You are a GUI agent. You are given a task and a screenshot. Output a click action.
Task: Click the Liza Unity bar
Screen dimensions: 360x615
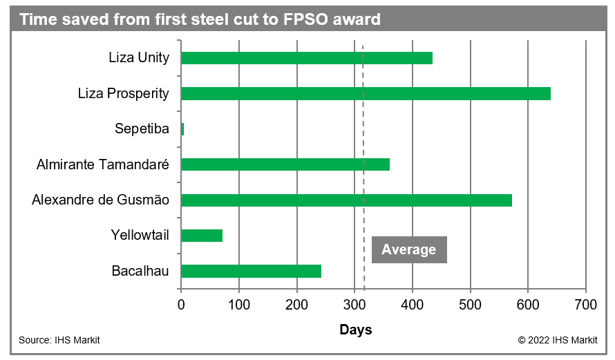[x=307, y=58]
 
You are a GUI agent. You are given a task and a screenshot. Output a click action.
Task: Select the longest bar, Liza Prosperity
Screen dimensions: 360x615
[x=366, y=93]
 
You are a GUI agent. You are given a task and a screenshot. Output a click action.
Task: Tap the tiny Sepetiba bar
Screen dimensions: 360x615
[x=182, y=129]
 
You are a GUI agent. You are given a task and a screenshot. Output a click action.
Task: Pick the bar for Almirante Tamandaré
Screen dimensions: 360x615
[x=285, y=164]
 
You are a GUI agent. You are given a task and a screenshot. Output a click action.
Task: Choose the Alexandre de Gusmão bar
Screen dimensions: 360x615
[x=346, y=200]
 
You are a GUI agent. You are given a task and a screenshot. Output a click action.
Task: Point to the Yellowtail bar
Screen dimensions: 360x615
[x=202, y=236]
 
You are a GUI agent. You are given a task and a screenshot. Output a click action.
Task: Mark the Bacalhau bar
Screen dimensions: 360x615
[x=251, y=271]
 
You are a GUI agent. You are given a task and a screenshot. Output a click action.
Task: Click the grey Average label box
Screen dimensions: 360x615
[x=409, y=249]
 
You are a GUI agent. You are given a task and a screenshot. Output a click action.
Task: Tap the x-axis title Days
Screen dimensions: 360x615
[x=355, y=330]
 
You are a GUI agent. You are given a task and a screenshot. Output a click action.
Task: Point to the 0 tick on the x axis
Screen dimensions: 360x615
[x=181, y=304]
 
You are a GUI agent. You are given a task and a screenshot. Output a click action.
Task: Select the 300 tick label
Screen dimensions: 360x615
[x=354, y=304]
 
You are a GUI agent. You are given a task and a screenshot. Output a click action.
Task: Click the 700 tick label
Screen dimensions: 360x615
[x=585, y=304]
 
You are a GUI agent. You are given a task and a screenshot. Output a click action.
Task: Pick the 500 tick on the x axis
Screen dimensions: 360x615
[x=470, y=304]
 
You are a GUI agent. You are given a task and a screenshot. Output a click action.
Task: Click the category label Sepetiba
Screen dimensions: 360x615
[x=142, y=129]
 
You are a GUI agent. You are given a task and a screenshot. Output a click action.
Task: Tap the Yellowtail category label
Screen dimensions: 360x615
[x=140, y=236]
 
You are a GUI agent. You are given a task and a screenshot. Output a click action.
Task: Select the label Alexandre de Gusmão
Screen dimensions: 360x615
[x=100, y=200]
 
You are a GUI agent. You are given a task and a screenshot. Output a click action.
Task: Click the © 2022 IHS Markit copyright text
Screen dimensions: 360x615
[x=557, y=340]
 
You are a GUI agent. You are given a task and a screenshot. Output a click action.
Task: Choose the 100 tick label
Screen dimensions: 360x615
[x=239, y=304]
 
